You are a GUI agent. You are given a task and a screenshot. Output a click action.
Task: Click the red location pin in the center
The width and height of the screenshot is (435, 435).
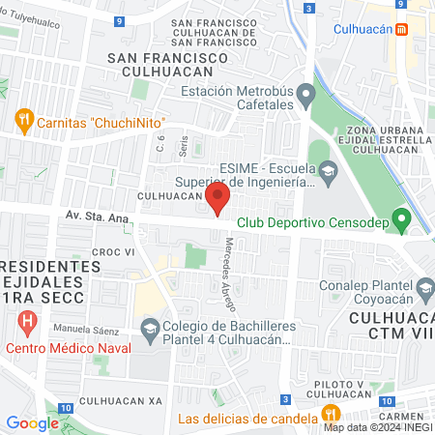(217, 201)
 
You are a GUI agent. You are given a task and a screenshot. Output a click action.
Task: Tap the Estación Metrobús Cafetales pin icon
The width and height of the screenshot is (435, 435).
(306, 95)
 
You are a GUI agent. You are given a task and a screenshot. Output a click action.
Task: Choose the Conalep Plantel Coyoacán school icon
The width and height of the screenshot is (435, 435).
(423, 287)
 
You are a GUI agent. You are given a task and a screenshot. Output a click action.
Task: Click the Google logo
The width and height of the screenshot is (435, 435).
(32, 422)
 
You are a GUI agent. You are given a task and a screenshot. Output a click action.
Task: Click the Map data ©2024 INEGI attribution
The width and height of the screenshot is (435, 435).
(378, 427)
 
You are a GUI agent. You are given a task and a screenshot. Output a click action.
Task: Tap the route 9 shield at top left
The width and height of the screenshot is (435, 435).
(118, 19)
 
